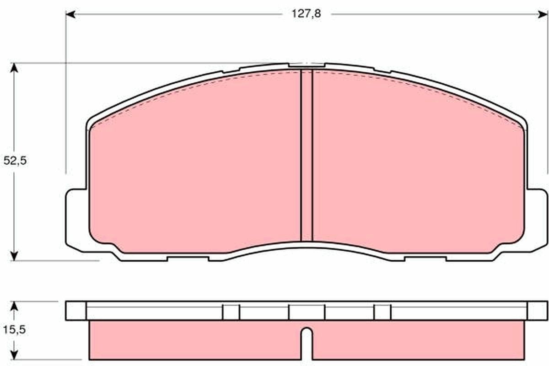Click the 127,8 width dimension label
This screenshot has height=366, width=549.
tap(307, 14)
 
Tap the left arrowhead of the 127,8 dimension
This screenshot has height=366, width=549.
tap(70, 15)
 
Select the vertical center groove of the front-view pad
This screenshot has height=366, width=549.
tap(307, 156)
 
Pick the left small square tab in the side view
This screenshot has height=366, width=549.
tap(231, 312)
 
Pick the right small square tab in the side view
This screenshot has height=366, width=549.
tap(382, 312)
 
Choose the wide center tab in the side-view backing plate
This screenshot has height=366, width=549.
tap(307, 312)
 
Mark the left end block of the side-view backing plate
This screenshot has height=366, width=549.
tap(76, 311)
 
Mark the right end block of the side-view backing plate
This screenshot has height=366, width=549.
tap(537, 311)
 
